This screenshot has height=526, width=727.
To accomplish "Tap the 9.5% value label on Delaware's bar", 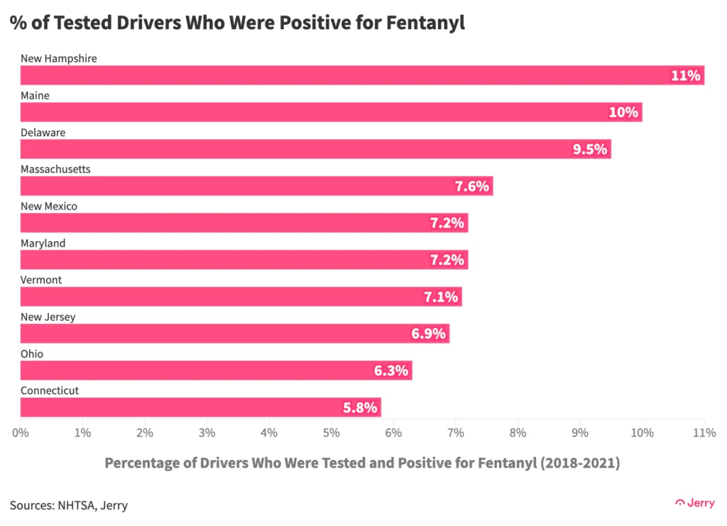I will point(590,149).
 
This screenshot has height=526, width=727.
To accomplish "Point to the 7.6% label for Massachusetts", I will point(472,186).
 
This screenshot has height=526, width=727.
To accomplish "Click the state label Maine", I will point(35,95).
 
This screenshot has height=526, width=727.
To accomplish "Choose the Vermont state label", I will point(41,280).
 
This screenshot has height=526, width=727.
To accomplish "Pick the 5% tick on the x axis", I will point(331,432).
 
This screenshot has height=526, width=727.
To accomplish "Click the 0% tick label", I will point(21,432).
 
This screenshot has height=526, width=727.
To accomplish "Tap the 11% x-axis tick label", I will point(704,432).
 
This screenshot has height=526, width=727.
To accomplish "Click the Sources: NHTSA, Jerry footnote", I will point(69,505).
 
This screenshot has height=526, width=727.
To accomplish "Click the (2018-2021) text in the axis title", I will point(579,463).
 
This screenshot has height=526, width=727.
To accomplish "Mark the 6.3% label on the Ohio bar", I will point(391,370).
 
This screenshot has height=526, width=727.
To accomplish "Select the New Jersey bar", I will point(234,333).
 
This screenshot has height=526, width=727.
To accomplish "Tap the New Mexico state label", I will point(49,206).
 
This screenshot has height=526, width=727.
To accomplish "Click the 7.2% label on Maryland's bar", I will point(447,260).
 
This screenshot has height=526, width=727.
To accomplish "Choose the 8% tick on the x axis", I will point(518,432).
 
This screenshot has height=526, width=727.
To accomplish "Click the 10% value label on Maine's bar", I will point(623,112).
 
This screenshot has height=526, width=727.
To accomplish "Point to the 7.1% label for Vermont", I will point(441,297).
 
